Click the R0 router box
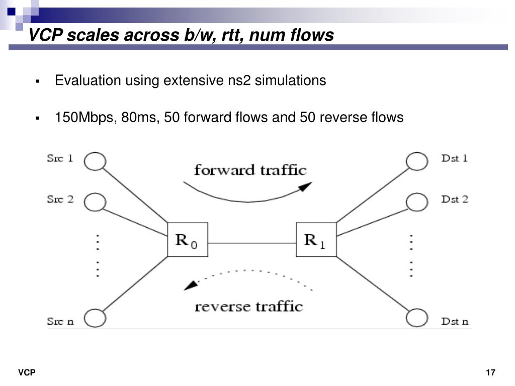(x=187, y=239)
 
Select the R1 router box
(x=316, y=239)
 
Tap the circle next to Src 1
(x=95, y=161)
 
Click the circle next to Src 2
(x=95, y=202)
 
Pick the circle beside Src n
(x=95, y=318)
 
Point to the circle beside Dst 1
(x=416, y=161)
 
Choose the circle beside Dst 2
(x=416, y=202)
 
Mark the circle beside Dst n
(x=416, y=318)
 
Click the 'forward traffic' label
(x=250, y=170)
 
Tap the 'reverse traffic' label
(x=248, y=306)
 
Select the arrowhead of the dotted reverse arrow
(x=190, y=285)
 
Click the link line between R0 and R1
(x=251, y=244)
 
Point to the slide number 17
(x=491, y=372)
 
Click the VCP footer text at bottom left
(x=27, y=372)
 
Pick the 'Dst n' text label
(x=455, y=321)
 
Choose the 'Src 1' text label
(x=60, y=158)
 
